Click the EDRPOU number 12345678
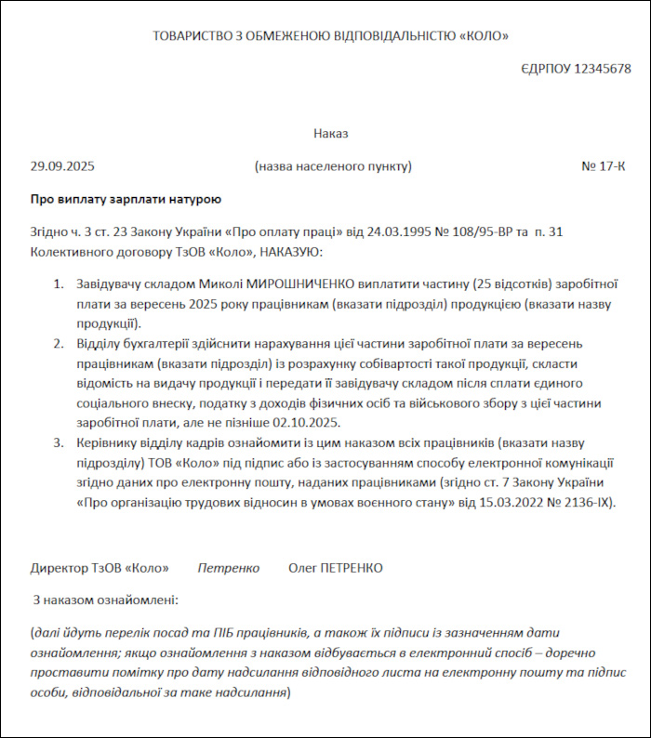click(x=603, y=69)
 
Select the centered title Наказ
click(x=331, y=134)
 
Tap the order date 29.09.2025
click(x=62, y=167)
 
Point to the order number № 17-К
click(x=604, y=167)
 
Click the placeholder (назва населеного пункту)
click(x=332, y=167)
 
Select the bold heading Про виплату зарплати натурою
click(x=125, y=199)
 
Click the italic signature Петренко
click(x=228, y=568)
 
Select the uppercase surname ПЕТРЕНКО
click(x=351, y=568)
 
